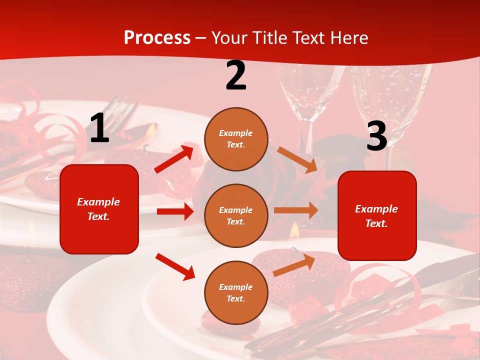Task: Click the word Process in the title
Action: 157,38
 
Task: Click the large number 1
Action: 99,128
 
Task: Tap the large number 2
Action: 236,75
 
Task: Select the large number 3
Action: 376,136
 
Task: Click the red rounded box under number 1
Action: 99,209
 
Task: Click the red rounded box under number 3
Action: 377,215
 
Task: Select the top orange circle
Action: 236,139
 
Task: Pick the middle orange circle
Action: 236,215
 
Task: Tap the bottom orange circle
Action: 236,292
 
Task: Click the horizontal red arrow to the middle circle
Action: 175,211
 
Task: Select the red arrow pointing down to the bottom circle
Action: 175,266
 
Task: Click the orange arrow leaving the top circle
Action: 297,159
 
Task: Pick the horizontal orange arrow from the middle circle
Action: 295,210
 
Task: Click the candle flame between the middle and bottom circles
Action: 294,229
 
